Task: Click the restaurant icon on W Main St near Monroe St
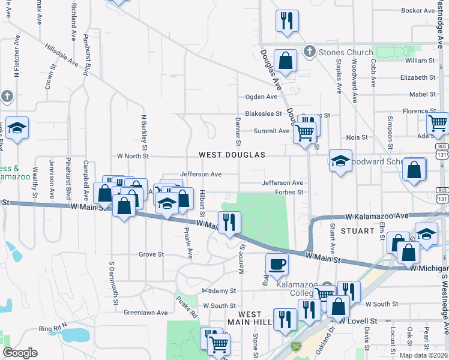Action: pos(229,223)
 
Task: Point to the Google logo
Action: pos(20,353)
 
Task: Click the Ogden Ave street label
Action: pos(261,97)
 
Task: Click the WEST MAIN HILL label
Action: pos(250,319)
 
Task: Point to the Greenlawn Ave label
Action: pos(146,313)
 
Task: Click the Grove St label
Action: pos(151,254)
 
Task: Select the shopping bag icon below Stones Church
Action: pos(286,61)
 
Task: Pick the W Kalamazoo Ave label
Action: pos(377,215)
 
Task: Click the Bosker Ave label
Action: pos(418,10)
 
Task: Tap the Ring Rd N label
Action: pos(54,329)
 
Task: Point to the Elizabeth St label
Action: pos(418,77)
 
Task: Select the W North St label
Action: pos(133,156)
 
